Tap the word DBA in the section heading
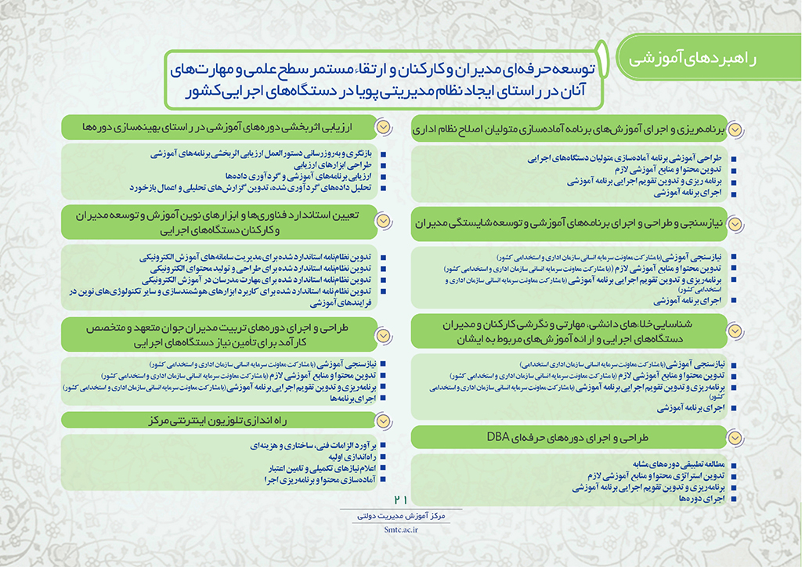coord(498,437)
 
